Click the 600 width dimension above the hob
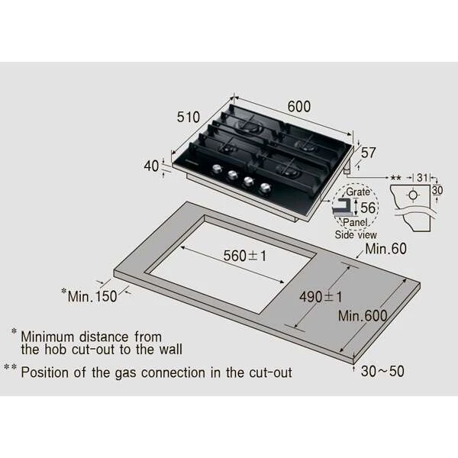point(298,106)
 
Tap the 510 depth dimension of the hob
point(189,117)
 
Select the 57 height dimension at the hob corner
point(369,153)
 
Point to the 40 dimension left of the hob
point(151,166)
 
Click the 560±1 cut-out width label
point(245,256)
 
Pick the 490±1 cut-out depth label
point(321,297)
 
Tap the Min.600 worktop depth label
point(363,316)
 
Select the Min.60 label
point(385,249)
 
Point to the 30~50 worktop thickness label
point(382,371)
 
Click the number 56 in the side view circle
point(368,208)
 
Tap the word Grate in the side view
point(358,192)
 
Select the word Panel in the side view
point(355,222)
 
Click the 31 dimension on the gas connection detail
point(422,177)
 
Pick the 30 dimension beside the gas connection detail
point(437,190)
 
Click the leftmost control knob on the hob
point(217,169)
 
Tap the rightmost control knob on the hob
point(265,188)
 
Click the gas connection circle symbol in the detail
point(413,195)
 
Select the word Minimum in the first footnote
point(47,337)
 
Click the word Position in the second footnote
point(45,373)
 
